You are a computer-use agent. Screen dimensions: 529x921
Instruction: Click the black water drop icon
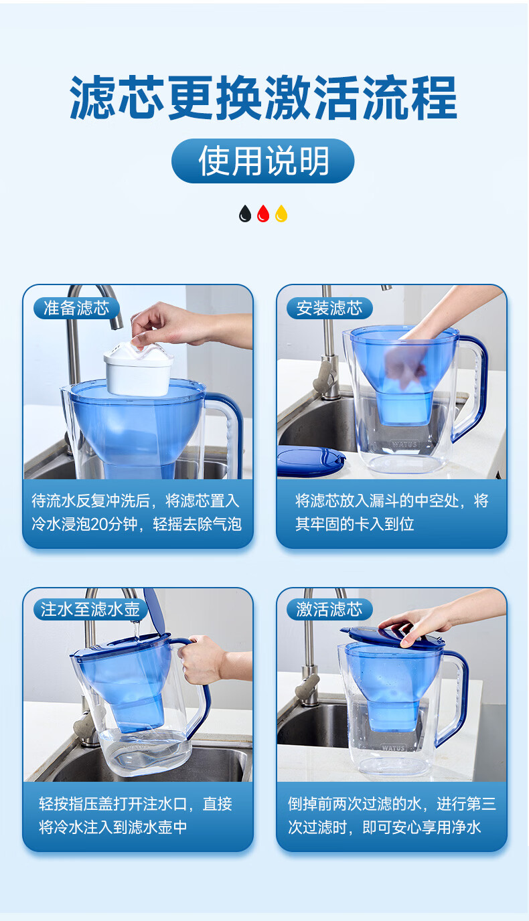[x=245, y=214]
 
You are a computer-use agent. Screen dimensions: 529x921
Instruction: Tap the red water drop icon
[x=263, y=214]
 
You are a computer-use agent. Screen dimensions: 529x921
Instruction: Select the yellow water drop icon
[x=281, y=214]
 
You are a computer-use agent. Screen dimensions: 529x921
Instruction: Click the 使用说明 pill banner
[x=263, y=161]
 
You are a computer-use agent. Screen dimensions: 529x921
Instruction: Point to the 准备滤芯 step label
[x=76, y=308]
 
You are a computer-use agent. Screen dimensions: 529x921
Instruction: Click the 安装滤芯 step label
[x=329, y=308]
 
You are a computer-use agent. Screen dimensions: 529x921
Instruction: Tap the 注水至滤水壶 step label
[x=90, y=609]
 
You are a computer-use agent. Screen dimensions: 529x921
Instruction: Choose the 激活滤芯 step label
[x=329, y=609]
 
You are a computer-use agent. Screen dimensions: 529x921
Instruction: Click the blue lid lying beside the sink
[x=310, y=460]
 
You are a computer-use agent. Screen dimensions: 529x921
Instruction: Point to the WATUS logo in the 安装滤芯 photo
[x=404, y=444]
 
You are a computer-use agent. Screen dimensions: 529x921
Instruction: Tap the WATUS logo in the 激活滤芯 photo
[x=394, y=748]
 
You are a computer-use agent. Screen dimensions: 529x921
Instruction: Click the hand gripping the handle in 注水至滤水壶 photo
[x=202, y=661]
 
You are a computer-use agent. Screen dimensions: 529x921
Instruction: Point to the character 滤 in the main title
[x=93, y=98]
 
